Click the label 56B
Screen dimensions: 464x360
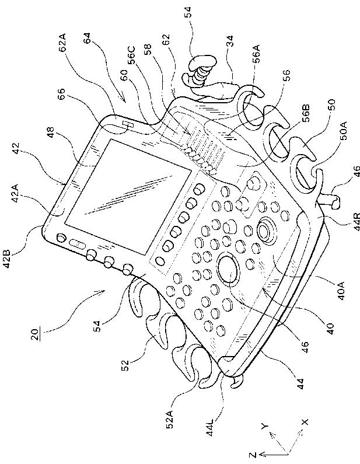(302, 126)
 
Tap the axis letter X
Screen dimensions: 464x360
(305, 421)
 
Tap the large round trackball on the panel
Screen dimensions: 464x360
(228, 270)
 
